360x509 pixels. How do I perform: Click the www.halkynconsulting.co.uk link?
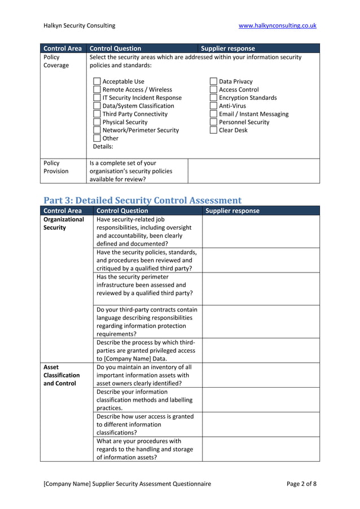[x=277, y=25]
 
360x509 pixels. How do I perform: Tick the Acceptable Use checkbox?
[x=96, y=82]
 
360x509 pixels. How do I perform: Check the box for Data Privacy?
[x=213, y=82]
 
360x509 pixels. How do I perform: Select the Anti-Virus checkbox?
[x=213, y=106]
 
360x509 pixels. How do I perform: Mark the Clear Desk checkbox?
[x=213, y=130]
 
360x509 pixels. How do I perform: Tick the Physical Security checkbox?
[x=96, y=122]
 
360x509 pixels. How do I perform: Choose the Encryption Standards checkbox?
[x=213, y=98]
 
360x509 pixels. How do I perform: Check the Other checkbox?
[x=96, y=139]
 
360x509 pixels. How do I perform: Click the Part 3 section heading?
[x=142, y=200]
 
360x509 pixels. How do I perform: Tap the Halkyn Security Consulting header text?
[x=79, y=25]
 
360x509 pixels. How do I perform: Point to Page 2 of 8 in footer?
[x=301, y=484]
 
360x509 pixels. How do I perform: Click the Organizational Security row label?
[x=63, y=223]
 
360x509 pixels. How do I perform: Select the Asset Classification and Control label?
[x=62, y=375]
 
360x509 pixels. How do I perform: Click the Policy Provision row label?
[x=56, y=167]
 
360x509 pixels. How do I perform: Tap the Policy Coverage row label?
[x=56, y=61]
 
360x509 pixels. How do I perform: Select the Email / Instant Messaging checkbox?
[x=213, y=115]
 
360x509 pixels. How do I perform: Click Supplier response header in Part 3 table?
[x=232, y=211]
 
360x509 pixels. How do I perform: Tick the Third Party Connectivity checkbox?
[x=96, y=115]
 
